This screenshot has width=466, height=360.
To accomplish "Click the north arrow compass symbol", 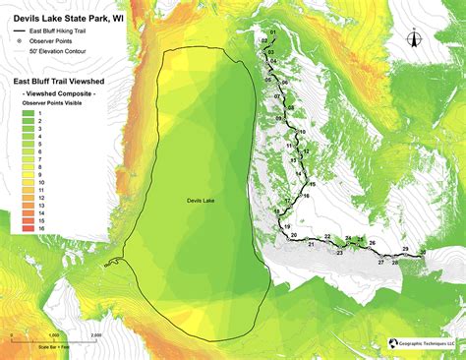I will tap(414, 39).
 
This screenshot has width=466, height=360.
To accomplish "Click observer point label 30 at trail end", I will tap(423, 253).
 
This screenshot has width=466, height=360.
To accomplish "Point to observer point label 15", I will tap(312, 185).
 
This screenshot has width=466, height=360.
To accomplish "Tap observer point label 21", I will tap(311, 245).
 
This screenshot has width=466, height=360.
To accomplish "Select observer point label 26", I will tap(372, 242).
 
